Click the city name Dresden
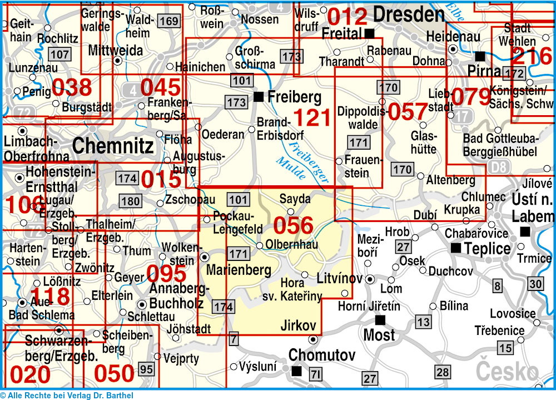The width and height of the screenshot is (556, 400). coord(409,14)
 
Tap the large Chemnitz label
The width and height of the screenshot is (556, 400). coord(113,146)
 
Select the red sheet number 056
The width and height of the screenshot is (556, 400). coord(293,225)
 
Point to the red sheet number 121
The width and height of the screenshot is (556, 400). coord(312,117)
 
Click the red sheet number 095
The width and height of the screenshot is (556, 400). coord(166,274)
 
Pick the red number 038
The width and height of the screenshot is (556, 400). coord(72,87)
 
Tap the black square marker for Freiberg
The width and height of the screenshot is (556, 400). coord(258,97)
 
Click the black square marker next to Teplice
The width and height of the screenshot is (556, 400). coord(456,248)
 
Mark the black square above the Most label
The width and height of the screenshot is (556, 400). coord(380,320)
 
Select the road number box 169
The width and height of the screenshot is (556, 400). coord(168,22)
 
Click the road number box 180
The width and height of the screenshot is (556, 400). coord(130,201)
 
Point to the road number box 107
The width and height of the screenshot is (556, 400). coord(59,54)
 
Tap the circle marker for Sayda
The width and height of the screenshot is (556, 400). coord(290,211)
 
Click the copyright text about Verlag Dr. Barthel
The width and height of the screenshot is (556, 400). coord(67,395)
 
